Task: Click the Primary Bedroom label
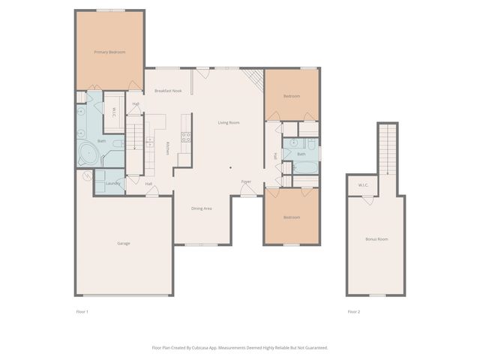[x=109, y=52]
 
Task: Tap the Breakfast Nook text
[x=168, y=91]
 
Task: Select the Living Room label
[x=229, y=122]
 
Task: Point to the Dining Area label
[x=202, y=208]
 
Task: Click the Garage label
[x=124, y=244]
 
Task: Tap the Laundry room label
[x=112, y=183]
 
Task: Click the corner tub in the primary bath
[x=90, y=154]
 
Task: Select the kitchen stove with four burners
[x=185, y=137]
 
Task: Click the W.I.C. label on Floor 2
[x=362, y=184]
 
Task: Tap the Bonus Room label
[x=376, y=238]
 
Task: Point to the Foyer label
[x=246, y=182]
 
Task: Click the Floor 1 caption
[x=82, y=311]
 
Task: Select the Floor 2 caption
[x=354, y=311]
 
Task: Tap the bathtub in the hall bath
[x=305, y=167]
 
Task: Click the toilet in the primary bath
[x=118, y=142]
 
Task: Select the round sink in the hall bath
[x=293, y=142]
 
